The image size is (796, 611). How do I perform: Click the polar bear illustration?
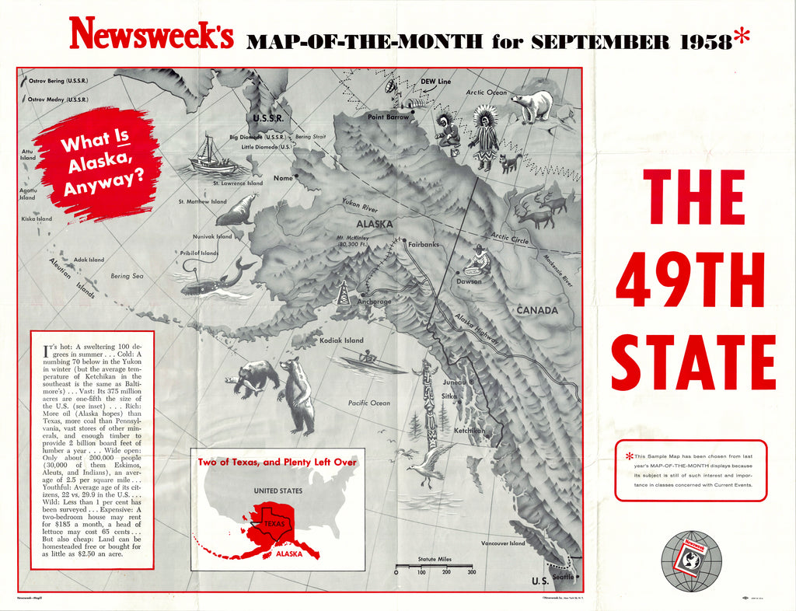[532, 106]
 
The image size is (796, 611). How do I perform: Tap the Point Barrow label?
[388, 117]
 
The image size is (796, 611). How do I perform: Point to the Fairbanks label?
[424, 244]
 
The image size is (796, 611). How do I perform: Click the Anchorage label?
[375, 301]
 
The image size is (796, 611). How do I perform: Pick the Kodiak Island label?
[341, 340]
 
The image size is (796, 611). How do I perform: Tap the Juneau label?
[453, 382]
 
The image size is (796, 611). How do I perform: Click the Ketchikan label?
[470, 430]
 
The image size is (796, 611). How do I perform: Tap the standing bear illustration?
[296, 395]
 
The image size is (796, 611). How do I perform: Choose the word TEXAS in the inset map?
[275, 524]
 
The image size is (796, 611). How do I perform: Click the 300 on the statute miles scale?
[471, 572]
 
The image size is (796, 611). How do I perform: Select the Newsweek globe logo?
[691, 561]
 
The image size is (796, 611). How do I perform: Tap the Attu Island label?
[28, 155]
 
